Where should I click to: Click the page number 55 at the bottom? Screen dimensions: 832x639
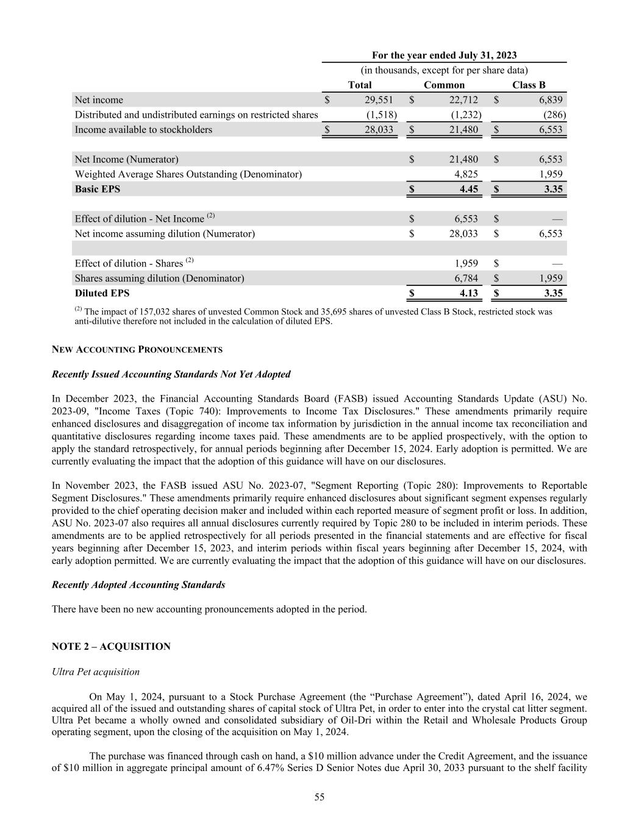coord(319,797)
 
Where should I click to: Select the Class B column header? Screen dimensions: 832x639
coord(529,85)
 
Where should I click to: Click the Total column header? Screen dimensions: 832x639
coord(360,85)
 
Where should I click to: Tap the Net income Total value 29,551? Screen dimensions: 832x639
coord(379,100)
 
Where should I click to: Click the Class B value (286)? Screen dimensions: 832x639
coord(554,115)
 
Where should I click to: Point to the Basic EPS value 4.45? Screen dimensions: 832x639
coord(468,189)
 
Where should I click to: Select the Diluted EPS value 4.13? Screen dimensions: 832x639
coord(468,293)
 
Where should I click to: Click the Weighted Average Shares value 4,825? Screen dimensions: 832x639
coord(466,174)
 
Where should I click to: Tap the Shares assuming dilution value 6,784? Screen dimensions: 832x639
coord(466,279)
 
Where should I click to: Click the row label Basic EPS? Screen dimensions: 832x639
coord(98,189)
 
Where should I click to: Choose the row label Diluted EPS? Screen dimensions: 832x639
coord(102,293)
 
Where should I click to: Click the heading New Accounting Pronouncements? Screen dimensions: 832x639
coord(137,350)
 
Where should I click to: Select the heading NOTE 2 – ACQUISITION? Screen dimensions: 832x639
coord(111,647)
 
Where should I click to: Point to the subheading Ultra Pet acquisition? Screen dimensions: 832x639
coord(96,672)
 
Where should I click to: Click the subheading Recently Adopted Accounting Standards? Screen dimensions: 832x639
coord(138,585)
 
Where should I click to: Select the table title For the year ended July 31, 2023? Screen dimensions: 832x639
coord(444,55)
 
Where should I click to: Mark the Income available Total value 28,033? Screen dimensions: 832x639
coord(379,130)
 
